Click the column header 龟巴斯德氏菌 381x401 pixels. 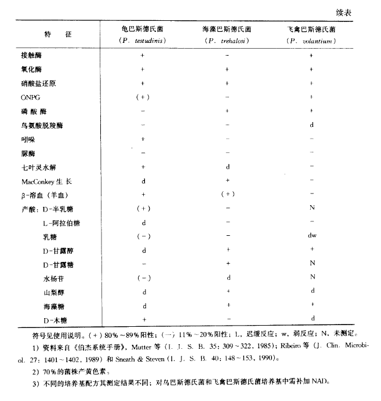[143, 28]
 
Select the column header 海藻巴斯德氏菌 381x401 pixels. [227, 28]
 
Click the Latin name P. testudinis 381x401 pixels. [143, 41]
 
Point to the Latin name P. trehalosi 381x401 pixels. [227, 41]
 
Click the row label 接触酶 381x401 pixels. [32, 56]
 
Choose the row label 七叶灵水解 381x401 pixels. [36, 167]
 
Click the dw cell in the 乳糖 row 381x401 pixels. [312, 237]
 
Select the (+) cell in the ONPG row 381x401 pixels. [143, 97]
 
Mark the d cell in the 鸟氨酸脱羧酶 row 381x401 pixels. [312, 125]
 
